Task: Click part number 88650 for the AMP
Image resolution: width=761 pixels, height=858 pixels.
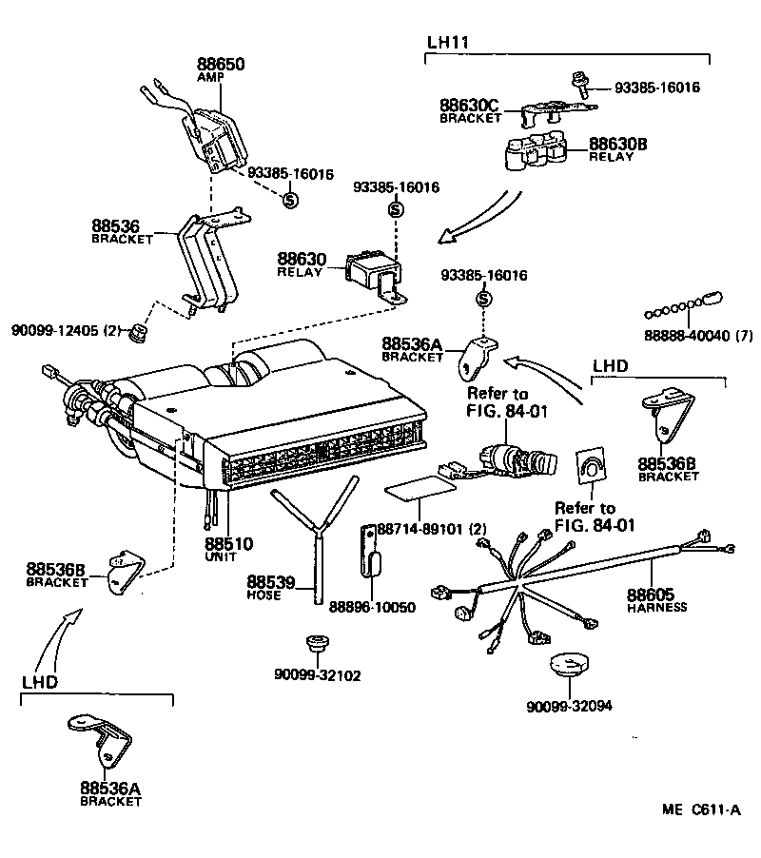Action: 221,65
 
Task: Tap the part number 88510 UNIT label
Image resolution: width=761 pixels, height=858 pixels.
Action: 228,545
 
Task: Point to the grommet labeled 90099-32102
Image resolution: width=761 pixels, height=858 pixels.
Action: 314,647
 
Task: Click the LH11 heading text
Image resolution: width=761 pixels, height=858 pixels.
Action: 445,43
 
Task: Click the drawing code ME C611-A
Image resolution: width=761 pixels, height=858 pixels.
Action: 700,810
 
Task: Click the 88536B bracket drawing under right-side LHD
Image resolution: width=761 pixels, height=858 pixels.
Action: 670,417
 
